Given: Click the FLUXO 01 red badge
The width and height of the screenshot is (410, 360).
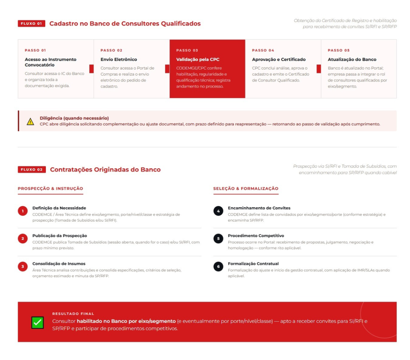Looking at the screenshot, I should (31, 24).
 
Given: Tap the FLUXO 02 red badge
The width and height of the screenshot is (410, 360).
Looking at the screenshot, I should (32, 170).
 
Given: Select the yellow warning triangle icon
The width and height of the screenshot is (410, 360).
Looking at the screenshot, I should (30, 122).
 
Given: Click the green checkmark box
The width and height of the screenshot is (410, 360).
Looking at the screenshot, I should (37, 322).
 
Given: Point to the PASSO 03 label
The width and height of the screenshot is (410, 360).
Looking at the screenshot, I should (187, 50).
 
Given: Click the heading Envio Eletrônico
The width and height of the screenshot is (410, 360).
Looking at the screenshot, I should (119, 60).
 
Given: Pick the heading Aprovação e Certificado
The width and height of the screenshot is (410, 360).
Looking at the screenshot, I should (279, 60).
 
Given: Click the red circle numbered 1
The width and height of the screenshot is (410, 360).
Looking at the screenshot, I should (23, 211).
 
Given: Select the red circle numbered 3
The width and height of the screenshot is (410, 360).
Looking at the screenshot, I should (23, 266).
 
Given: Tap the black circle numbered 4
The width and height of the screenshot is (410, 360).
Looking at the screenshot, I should (218, 211).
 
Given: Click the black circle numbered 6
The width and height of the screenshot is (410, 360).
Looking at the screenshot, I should (218, 266).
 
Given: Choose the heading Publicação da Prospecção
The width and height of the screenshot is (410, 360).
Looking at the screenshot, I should (60, 236).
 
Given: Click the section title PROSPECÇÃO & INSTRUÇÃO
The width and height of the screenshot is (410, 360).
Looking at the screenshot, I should (50, 188).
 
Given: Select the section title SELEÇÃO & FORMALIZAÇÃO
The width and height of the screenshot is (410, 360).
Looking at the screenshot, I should (245, 188).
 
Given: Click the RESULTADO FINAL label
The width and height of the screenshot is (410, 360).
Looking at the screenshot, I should (73, 314).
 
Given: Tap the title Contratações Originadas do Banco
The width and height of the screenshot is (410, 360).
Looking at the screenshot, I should (105, 170).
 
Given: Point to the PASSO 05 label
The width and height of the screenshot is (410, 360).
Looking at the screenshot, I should (338, 50).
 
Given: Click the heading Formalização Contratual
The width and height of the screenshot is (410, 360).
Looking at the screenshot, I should (253, 264).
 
